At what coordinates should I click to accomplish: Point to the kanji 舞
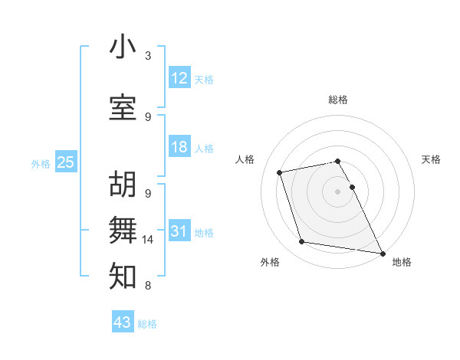point(123,230)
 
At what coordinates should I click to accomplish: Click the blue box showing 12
point(179,78)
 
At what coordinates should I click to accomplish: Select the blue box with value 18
point(179,147)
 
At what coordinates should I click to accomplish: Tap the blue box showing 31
point(179,231)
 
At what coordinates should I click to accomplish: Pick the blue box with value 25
point(66,162)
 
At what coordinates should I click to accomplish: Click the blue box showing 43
point(123,322)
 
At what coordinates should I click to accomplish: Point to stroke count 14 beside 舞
point(148,240)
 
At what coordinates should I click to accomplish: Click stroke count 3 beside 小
point(148,56)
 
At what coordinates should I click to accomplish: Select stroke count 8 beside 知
point(148,286)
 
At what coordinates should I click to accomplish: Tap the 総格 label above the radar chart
point(338,100)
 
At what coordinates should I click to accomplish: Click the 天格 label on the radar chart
point(431,159)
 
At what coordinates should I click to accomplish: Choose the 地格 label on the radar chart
point(402,262)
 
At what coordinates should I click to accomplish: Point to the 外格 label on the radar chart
point(270,262)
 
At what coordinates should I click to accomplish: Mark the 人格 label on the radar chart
point(245,159)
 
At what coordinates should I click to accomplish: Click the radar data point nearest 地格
point(382,252)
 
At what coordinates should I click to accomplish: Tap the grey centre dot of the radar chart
point(338,191)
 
